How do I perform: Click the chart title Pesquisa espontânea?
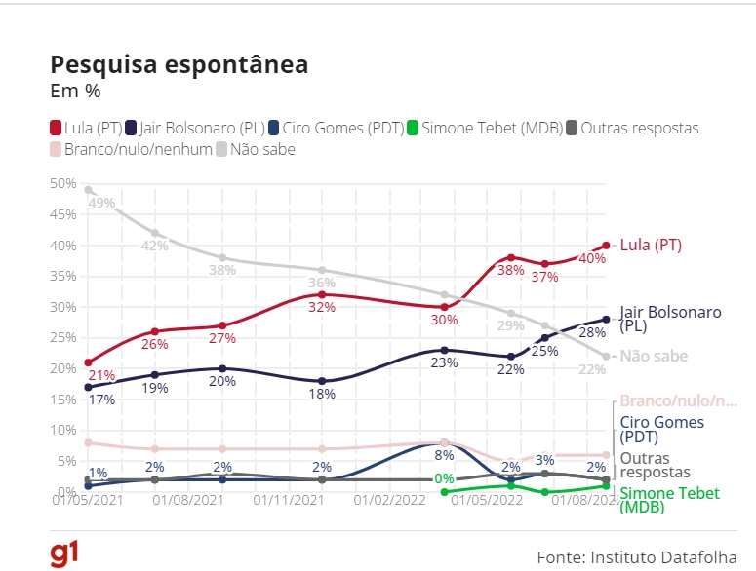coord(179,64)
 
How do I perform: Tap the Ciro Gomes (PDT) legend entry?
coord(335,128)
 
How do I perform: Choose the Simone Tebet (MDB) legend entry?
coord(483,128)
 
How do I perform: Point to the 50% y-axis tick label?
coord(64,183)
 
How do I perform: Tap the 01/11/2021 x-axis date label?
coord(289,500)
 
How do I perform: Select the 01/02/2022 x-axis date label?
coord(390,500)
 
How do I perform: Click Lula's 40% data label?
coord(591,258)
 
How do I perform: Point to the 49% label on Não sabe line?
coord(101,203)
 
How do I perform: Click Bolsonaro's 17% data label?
coord(101,400)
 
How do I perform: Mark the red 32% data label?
coord(321,307)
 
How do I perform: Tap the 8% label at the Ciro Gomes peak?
coord(445,454)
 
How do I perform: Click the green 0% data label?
coord(445,478)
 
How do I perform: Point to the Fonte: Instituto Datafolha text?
coord(637,556)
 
